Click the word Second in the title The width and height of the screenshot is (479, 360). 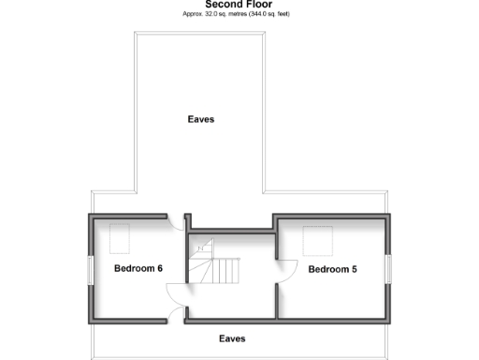pos(222,5)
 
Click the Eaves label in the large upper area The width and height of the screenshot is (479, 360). pos(200,119)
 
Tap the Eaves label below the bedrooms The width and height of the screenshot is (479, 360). pos(232,338)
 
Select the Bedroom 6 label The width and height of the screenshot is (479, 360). pos(138,269)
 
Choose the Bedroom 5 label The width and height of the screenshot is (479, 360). pos(333,270)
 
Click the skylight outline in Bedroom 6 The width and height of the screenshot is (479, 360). pos(120,238)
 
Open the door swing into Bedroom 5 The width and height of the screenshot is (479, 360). pos(287,271)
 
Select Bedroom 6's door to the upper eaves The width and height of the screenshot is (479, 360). pos(174,223)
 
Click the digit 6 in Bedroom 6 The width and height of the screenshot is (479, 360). pos(160,269)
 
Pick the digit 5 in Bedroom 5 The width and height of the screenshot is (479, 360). pos(355,270)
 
